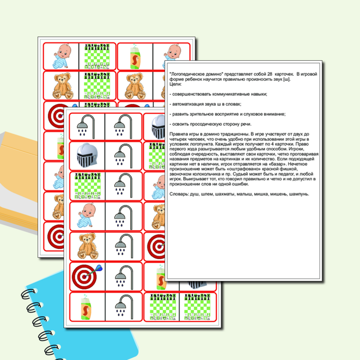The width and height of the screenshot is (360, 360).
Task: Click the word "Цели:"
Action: (176, 84)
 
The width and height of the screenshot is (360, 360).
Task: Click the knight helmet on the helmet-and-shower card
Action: (87, 155)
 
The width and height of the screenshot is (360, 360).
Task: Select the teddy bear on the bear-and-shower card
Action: (88, 246)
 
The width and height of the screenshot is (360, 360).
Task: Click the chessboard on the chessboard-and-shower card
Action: (87, 186)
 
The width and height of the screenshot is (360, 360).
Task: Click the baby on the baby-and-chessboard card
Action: (61, 56)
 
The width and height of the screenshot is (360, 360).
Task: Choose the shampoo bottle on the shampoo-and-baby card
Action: (135, 56)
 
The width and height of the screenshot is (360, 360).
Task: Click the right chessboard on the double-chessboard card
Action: (197, 307)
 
